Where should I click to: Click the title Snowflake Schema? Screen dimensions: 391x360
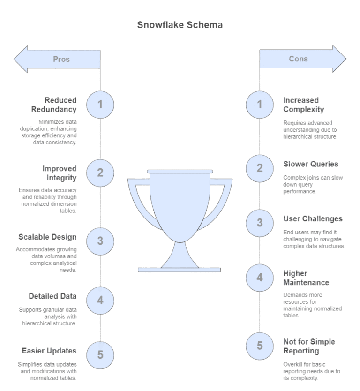click(180, 25)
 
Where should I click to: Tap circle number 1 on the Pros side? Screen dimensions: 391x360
click(100, 105)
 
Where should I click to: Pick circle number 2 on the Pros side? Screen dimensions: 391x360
click(100, 172)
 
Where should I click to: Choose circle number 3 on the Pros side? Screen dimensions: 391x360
click(100, 241)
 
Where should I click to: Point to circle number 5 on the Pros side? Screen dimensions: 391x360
click(100, 354)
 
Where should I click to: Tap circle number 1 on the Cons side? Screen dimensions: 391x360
click(260, 105)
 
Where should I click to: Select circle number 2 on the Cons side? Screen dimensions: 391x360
click(260, 168)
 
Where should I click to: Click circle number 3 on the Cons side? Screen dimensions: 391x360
click(260, 223)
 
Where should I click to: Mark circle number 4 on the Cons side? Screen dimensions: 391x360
click(260, 278)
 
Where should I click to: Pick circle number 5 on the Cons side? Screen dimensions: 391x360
click(260, 346)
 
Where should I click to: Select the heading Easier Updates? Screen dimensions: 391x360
click(49, 351)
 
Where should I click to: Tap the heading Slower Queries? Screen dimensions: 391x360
click(311, 165)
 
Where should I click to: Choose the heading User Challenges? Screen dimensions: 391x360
click(313, 219)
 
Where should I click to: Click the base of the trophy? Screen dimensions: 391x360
click(180, 269)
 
